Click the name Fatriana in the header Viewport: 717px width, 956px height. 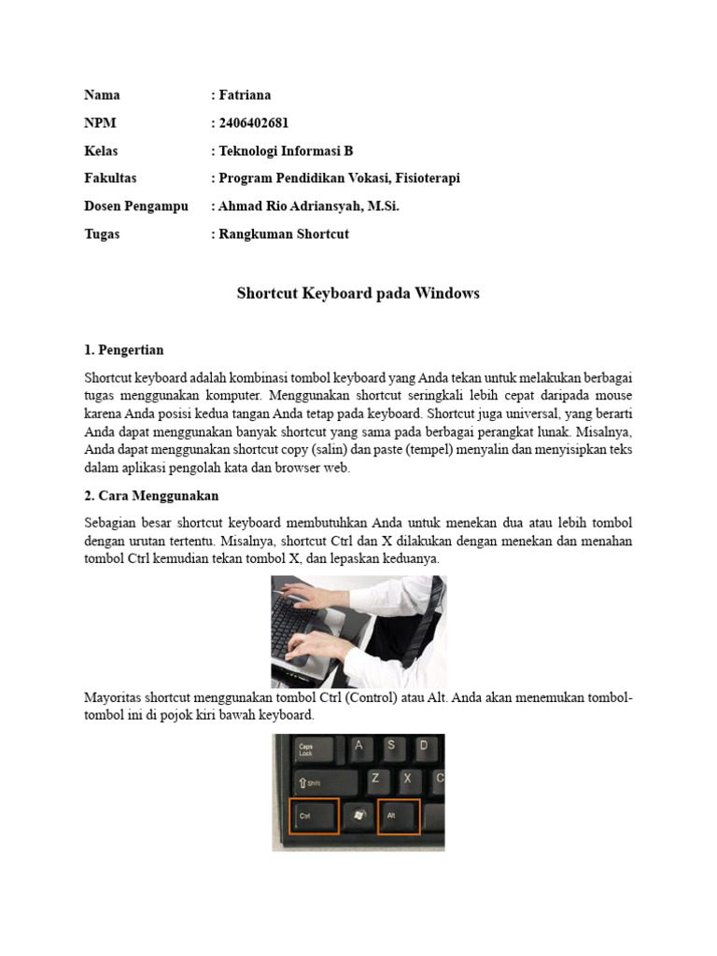pos(245,95)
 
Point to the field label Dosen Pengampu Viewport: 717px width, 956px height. pos(136,206)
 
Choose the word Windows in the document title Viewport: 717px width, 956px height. pos(445,293)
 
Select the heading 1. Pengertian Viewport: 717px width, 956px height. pos(123,350)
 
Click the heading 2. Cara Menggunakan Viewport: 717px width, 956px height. pos(151,496)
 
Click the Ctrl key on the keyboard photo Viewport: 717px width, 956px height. pos(314,816)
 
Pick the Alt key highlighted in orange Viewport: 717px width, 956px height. pos(398,816)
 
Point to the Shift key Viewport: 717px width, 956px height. pos(315,783)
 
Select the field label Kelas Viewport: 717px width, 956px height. pos(101,151)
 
